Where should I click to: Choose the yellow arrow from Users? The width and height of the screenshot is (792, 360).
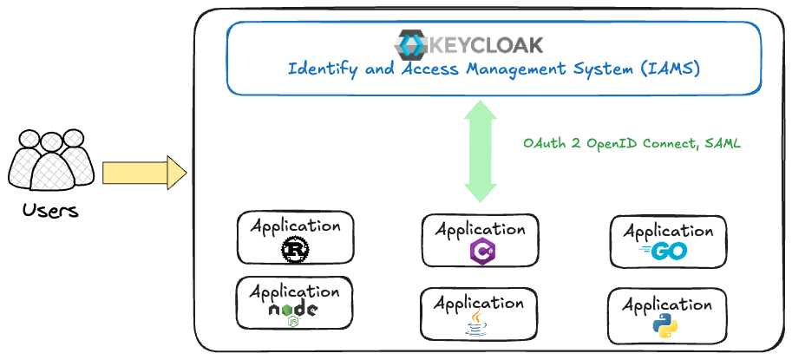coord(144,173)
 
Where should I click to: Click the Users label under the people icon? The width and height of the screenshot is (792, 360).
coord(49,211)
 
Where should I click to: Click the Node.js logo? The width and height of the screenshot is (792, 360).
coord(293,312)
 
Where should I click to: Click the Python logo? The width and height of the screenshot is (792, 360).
coord(665,327)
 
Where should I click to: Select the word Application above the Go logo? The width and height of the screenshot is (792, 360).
coord(668,231)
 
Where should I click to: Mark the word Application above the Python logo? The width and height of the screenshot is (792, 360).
coord(667,305)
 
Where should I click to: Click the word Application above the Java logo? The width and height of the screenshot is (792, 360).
coord(479,303)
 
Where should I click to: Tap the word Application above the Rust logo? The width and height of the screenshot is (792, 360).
coord(295,226)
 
